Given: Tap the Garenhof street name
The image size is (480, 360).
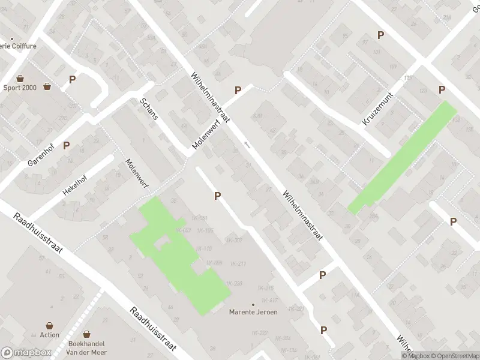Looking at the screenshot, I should tap(40, 155).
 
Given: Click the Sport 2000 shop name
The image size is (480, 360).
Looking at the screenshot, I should tap(20, 87).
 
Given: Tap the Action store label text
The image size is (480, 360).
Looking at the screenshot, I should tap(50, 335).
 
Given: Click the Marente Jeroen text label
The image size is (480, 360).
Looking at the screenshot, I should tap(253, 312).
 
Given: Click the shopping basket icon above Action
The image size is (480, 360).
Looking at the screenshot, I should tap(50, 326).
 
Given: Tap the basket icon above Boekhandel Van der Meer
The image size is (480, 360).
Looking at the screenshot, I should tap(87, 334).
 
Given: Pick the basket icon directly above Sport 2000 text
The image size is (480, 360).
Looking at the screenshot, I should tap(20, 79).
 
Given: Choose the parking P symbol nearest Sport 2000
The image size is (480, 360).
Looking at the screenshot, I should tap(73, 79).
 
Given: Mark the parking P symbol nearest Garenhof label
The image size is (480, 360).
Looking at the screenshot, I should tap(67, 145).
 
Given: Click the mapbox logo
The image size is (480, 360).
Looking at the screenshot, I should tap(26, 352).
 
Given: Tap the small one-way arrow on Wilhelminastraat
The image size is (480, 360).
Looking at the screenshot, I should tap(247, 145).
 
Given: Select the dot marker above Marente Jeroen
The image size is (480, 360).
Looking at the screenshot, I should tap(253, 305).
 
